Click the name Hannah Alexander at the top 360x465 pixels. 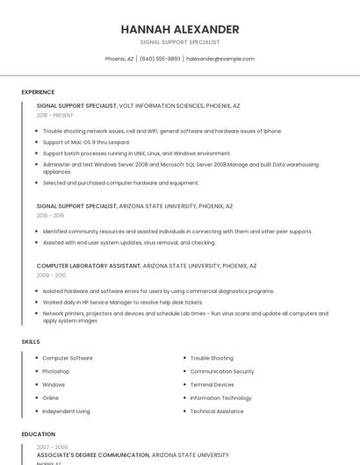(x=180, y=30)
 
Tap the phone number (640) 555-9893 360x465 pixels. (x=160, y=59)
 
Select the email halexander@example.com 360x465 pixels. (x=220, y=59)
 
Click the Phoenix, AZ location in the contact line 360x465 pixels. (x=119, y=59)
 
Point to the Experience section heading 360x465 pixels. (x=38, y=92)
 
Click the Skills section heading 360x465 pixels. (x=30, y=341)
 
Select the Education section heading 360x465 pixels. (x=38, y=434)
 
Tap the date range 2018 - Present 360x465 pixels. (x=54, y=115)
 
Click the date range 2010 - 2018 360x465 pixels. (x=50, y=215)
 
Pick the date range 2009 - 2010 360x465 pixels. (x=51, y=275)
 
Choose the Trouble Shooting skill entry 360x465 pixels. (x=212, y=358)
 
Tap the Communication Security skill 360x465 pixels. (x=222, y=371)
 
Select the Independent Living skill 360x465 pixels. (x=66, y=411)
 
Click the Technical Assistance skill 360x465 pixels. (x=217, y=411)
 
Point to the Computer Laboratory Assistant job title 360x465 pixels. (x=88, y=265)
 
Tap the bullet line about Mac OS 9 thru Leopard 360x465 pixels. (x=86, y=141)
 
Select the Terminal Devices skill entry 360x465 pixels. (x=212, y=384)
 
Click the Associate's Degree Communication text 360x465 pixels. (x=92, y=455)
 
